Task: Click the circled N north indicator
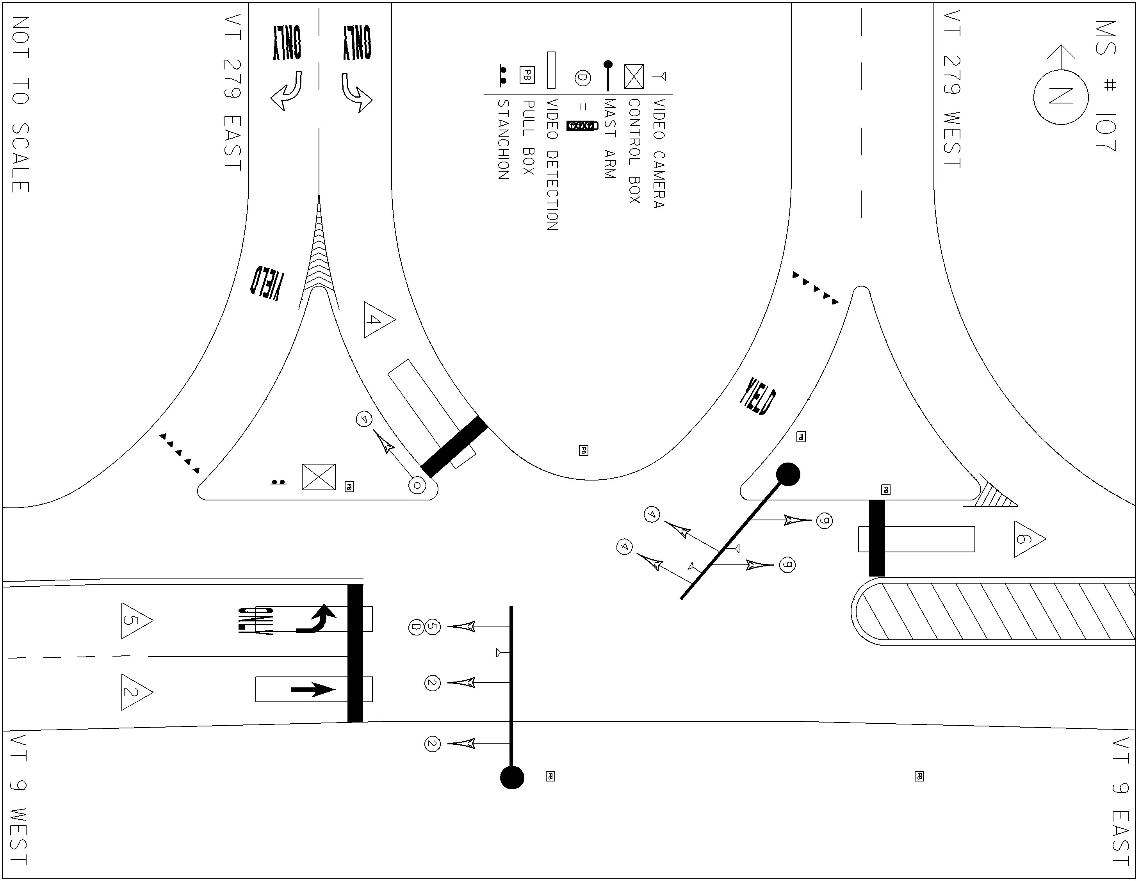(1061, 97)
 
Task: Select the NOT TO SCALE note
(20, 104)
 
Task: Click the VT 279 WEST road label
(953, 89)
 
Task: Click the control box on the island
(319, 477)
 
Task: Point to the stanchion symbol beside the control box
(279, 482)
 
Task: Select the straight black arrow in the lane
(313, 690)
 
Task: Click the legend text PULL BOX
(528, 138)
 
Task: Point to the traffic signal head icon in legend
(581, 126)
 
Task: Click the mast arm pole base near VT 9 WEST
(512, 778)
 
